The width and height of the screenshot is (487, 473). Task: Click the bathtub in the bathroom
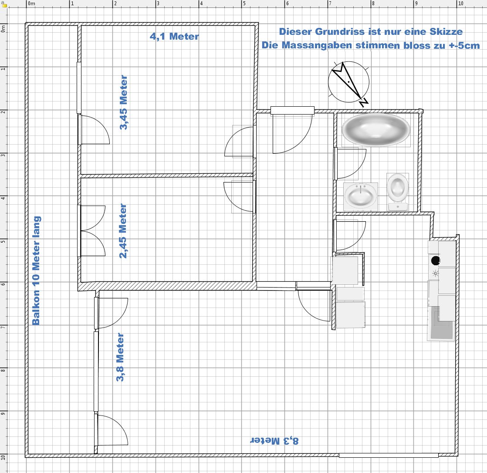point(376,130)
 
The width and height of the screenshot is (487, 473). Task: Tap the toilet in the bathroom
point(398,192)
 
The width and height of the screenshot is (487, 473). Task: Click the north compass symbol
point(349,82)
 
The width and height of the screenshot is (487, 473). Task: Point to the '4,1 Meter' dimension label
point(174,36)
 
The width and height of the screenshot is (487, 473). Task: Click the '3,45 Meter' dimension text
point(123,102)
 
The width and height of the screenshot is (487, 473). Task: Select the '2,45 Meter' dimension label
point(123,231)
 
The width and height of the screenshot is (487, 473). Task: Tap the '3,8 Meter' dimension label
point(120,357)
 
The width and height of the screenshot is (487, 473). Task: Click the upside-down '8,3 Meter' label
point(274,441)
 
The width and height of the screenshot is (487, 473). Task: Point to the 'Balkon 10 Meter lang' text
point(36,270)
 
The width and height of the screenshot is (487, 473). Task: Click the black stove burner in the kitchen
point(436,260)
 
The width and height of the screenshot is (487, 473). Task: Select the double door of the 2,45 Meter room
point(91,231)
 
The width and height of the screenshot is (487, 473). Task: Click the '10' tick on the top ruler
point(460,3)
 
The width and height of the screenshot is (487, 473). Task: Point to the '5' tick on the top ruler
point(244,3)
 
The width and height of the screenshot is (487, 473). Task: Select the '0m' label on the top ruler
point(31,3)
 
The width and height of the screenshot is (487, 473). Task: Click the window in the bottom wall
point(389,455)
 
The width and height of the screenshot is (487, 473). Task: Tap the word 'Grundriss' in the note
point(340,32)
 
